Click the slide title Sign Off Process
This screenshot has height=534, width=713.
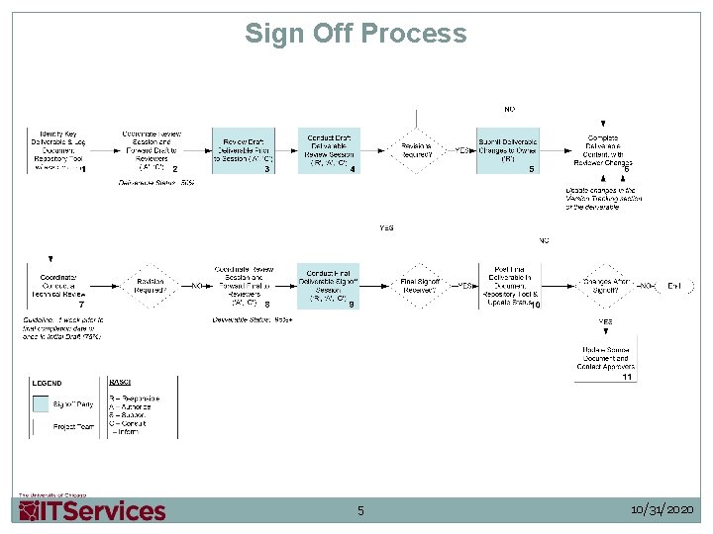point(356,34)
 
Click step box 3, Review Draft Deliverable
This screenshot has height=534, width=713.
point(243,151)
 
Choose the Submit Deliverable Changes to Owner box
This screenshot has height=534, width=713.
point(507,151)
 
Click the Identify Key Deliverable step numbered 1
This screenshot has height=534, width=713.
point(57,151)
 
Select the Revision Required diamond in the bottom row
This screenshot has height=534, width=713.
point(150,286)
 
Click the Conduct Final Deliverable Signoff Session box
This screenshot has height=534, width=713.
point(328,287)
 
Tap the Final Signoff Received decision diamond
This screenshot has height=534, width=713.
point(419,286)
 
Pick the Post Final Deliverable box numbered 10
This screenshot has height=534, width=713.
point(510,286)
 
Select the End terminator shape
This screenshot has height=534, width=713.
point(674,286)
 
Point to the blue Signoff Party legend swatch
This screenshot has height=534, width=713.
point(41,403)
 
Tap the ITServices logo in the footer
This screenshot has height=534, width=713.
point(92,510)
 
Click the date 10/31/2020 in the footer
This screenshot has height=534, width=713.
point(662,510)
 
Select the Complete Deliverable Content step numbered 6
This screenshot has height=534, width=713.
point(603,151)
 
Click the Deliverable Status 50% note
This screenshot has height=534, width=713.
point(155,183)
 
